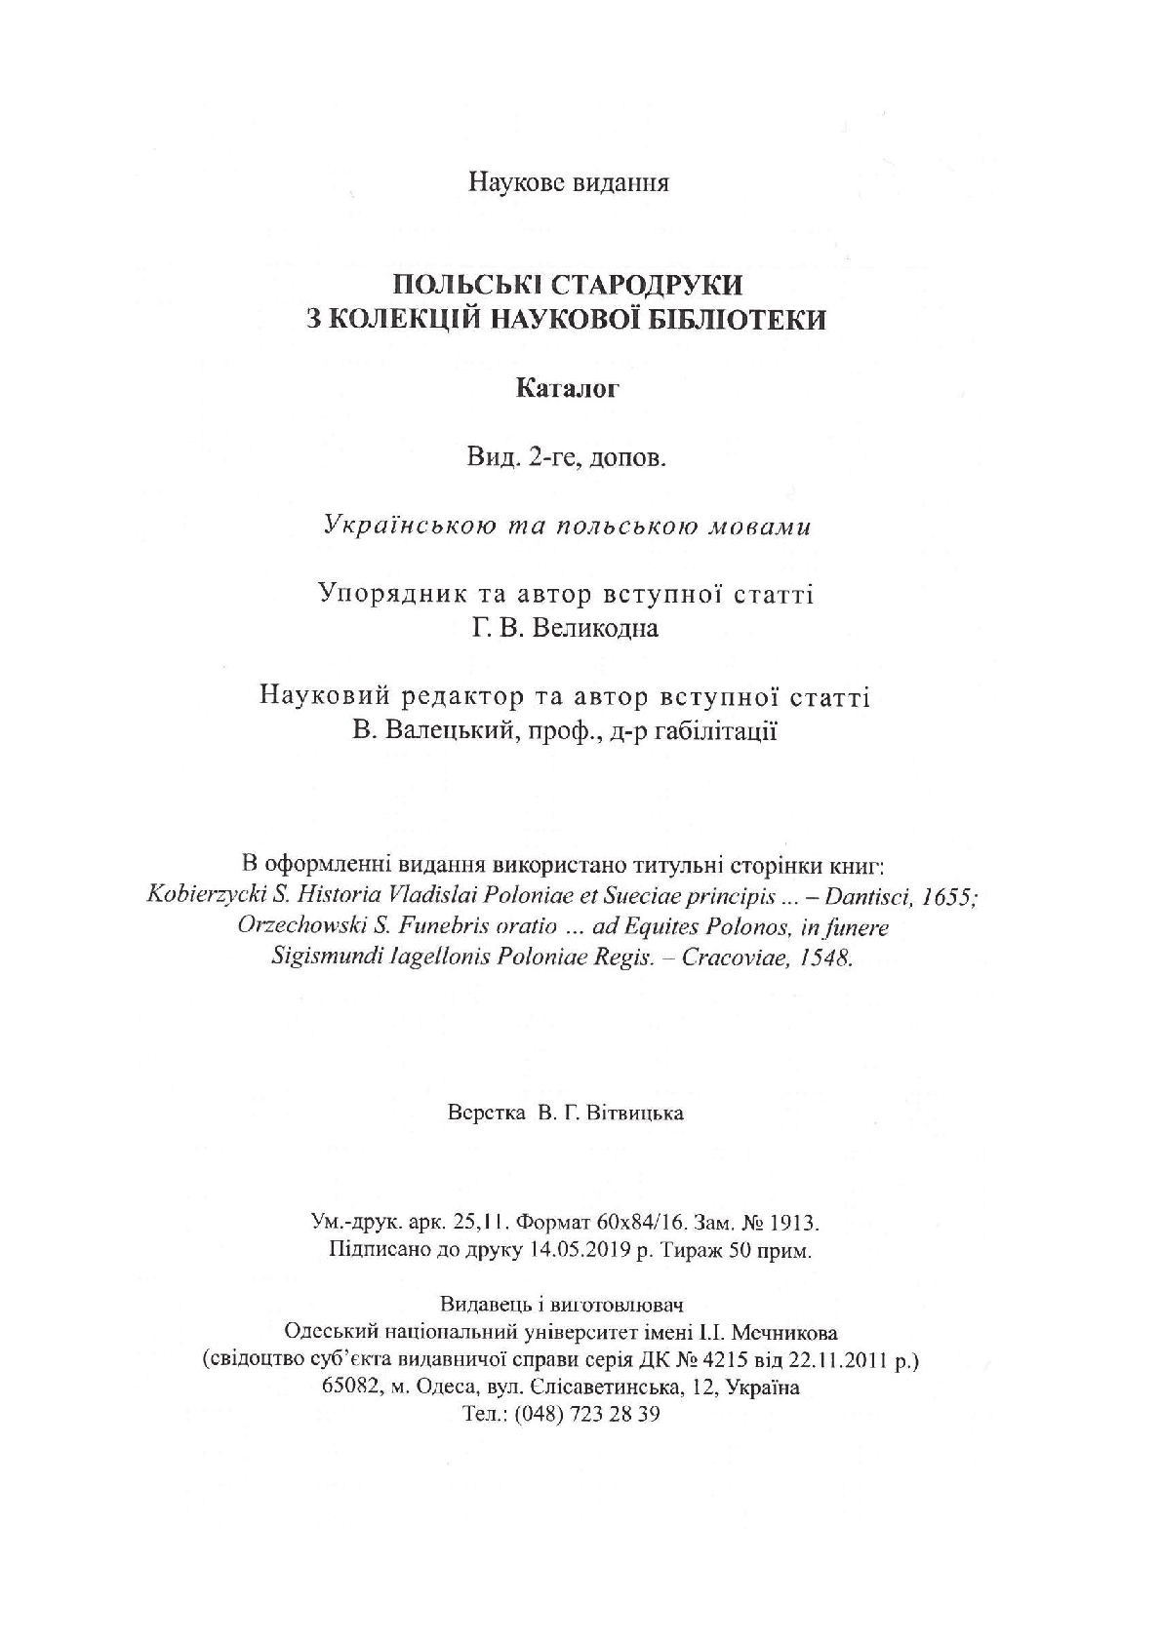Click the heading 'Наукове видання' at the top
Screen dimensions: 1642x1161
pyautogui.click(x=569, y=182)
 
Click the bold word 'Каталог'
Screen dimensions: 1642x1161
pyautogui.click(x=568, y=390)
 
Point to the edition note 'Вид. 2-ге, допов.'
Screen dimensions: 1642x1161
pyautogui.click(x=568, y=458)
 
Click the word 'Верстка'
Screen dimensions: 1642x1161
pyautogui.click(x=484, y=1113)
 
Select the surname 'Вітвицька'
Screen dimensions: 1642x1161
pyautogui.click(x=635, y=1113)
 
